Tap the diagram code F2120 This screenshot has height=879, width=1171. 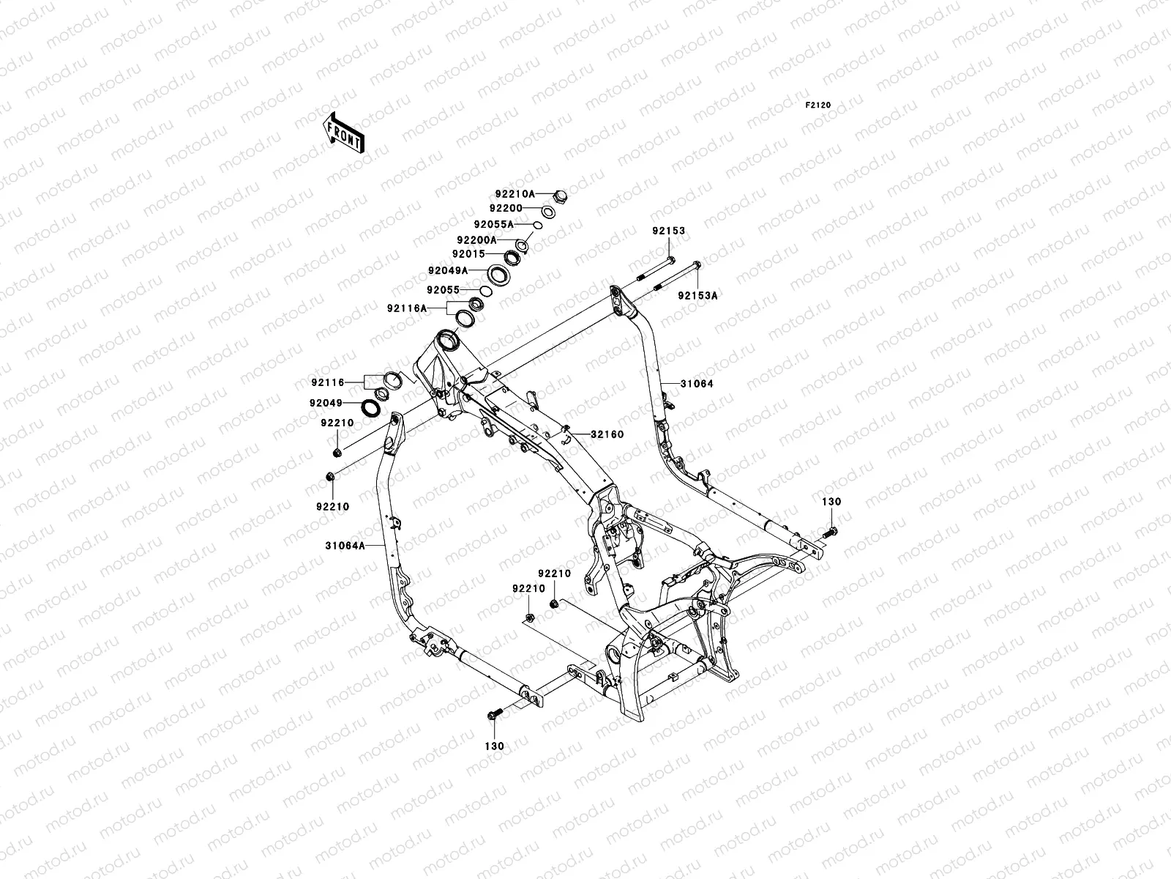[x=818, y=105]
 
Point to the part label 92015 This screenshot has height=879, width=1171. [x=468, y=254]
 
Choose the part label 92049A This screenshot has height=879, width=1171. [x=448, y=270]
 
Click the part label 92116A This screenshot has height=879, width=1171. [x=407, y=308]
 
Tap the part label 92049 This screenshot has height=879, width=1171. [x=326, y=403]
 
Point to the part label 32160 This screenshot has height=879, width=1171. [x=607, y=434]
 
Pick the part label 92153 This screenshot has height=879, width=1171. [x=669, y=231]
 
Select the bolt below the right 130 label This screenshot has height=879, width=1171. [x=834, y=531]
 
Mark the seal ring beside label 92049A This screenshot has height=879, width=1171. [x=500, y=275]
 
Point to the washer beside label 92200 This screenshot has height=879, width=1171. [x=549, y=212]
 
